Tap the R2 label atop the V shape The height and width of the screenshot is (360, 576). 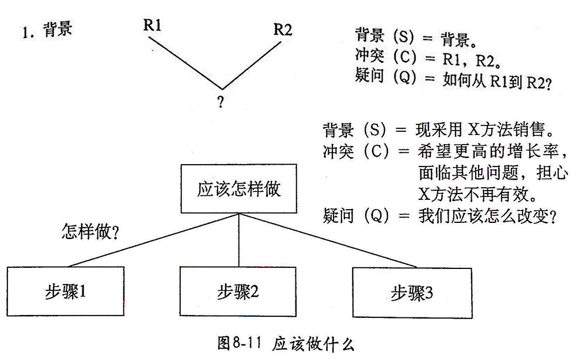(x=282, y=29)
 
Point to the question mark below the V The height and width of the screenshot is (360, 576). (x=221, y=102)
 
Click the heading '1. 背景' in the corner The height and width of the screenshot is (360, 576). (x=47, y=30)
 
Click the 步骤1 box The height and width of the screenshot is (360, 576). (x=66, y=292)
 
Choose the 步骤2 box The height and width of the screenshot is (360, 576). (x=237, y=292)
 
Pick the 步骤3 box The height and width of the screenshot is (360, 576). (x=411, y=292)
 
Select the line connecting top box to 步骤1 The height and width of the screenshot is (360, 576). (x=153, y=241)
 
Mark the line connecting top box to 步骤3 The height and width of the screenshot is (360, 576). (x=328, y=241)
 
